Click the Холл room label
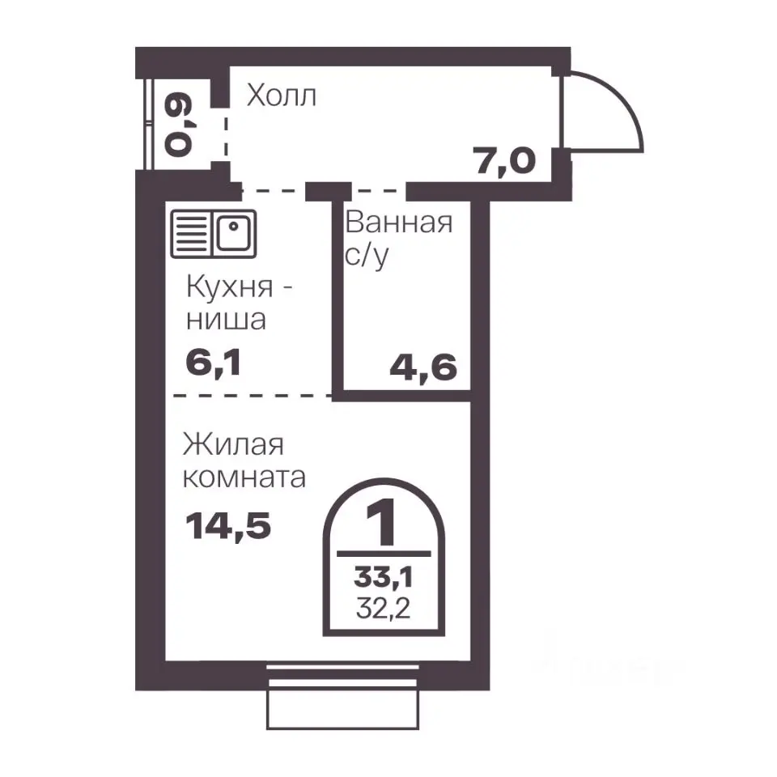click(x=281, y=95)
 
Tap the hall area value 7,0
click(x=504, y=161)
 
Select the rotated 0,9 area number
click(x=178, y=125)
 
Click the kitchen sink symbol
click(x=213, y=234)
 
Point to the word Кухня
click(x=229, y=287)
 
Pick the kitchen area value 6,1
click(x=213, y=363)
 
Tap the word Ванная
click(x=399, y=222)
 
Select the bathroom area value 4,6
click(x=423, y=368)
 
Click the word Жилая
click(x=233, y=444)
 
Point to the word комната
click(x=244, y=478)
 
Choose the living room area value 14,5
click(x=228, y=526)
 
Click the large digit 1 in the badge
click(x=381, y=522)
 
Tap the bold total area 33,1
click(x=383, y=577)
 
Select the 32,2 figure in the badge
click(x=384, y=609)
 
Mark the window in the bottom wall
click(x=342, y=697)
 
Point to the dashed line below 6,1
click(x=253, y=396)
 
